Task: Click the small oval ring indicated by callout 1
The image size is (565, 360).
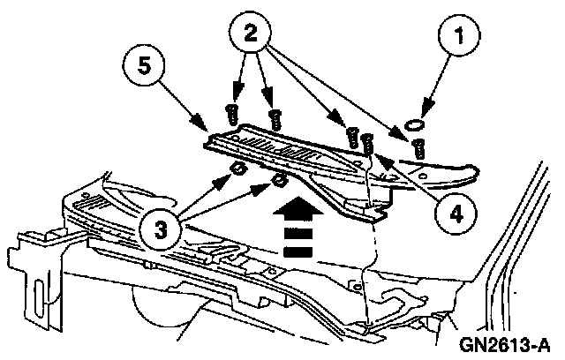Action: click(x=414, y=124)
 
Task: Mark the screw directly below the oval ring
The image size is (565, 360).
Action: click(x=419, y=146)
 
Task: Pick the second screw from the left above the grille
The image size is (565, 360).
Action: click(x=275, y=116)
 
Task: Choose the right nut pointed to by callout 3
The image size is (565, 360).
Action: click(x=278, y=181)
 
